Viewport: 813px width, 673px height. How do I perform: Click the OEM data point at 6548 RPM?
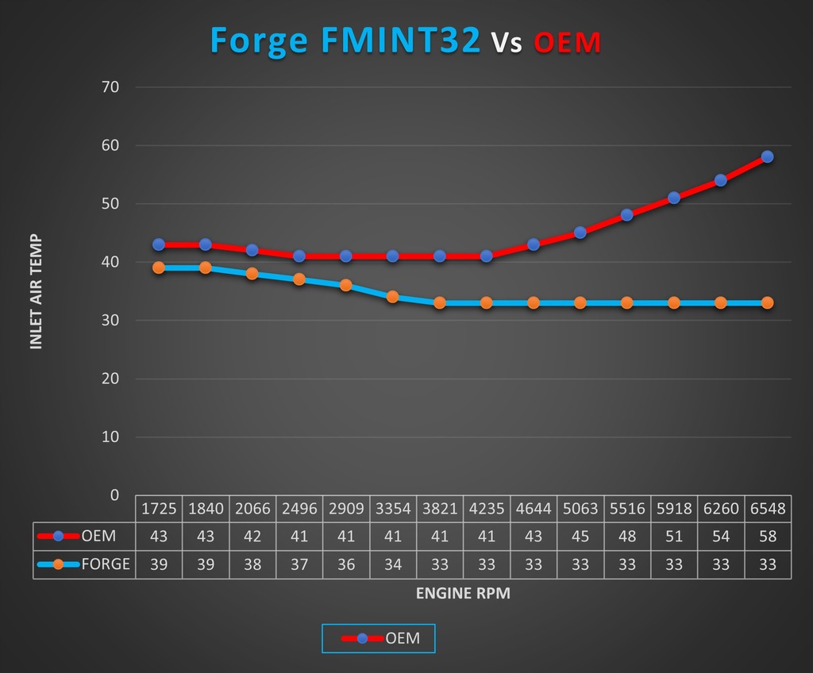pos(767,157)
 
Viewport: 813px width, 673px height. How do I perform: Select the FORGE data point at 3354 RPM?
pos(392,297)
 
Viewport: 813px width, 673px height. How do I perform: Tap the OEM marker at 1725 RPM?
pos(159,244)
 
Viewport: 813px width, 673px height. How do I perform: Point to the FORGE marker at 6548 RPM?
pos(767,302)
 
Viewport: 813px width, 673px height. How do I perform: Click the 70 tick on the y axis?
pos(110,87)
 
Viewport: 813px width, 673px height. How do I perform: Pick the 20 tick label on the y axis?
pos(110,379)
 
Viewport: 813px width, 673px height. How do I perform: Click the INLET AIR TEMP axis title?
pos(36,292)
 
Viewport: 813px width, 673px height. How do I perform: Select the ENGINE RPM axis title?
pos(463,594)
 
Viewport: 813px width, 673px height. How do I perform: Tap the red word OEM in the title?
pos(567,42)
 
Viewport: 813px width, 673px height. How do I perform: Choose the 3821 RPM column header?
pos(439,509)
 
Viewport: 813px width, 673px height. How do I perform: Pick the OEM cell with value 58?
pos(768,536)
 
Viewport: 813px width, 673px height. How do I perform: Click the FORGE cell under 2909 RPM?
pos(345,564)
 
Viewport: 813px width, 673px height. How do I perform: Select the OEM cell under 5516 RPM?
pos(626,536)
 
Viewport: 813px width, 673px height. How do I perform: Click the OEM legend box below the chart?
pos(379,637)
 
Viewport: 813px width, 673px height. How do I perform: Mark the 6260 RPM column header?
pos(720,509)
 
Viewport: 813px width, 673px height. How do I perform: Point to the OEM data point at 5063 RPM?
pos(580,233)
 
